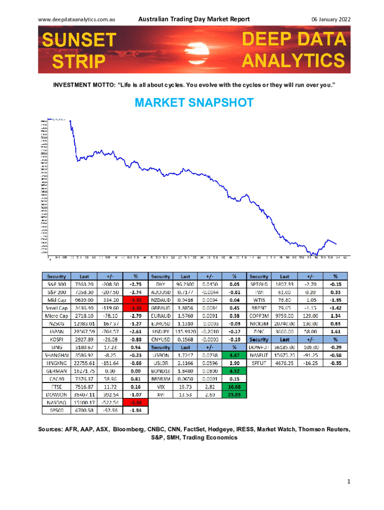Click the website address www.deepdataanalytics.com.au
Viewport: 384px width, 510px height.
(77, 19)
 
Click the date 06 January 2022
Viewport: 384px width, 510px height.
(331, 19)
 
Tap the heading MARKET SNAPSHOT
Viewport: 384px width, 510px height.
(194, 104)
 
